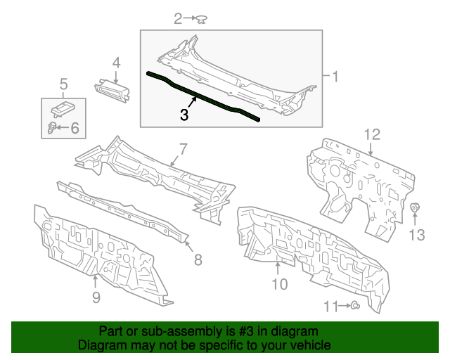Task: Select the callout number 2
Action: [179, 18]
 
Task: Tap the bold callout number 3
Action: [184, 115]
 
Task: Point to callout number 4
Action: [116, 63]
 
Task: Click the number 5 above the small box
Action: [63, 85]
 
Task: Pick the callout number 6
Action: [75, 128]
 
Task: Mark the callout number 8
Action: [198, 259]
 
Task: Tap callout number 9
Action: [96, 297]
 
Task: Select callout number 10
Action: [279, 284]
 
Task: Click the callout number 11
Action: [330, 306]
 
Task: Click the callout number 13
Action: [417, 235]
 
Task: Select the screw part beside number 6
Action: [52, 128]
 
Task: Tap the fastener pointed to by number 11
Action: [356, 305]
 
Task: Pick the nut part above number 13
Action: [415, 208]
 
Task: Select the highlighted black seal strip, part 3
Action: [204, 96]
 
